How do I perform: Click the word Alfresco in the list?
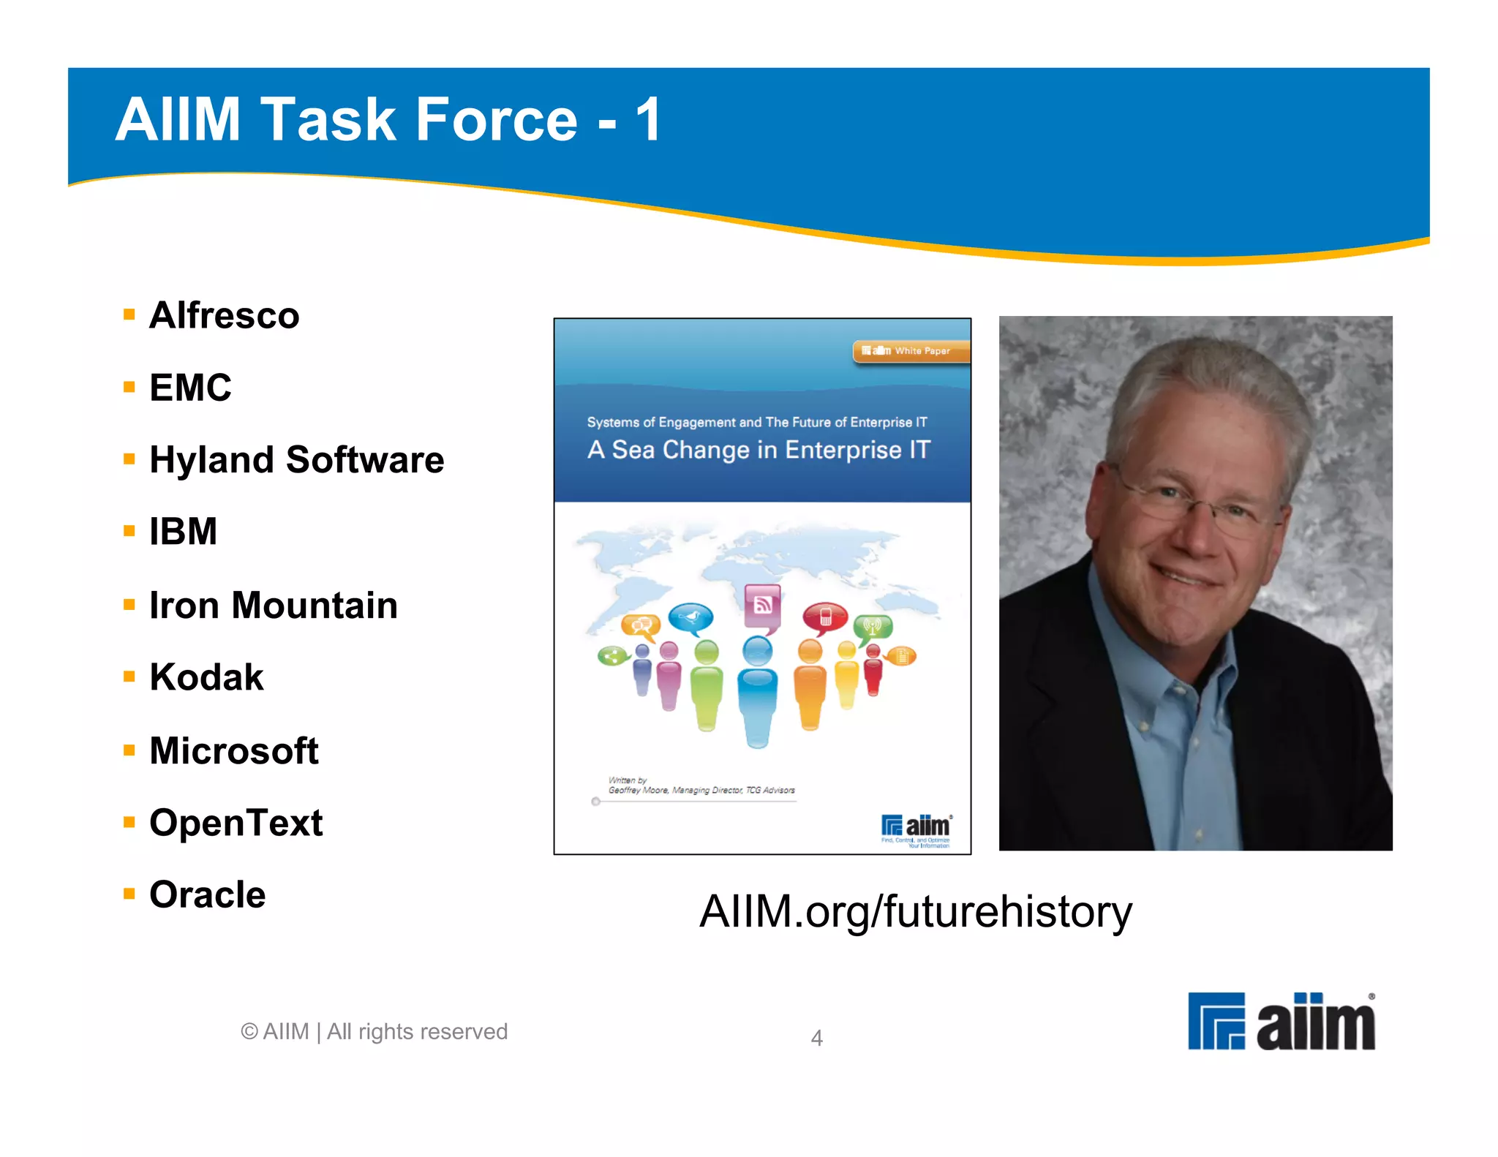[224, 315]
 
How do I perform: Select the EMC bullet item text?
[190, 387]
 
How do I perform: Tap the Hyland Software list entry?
[296, 459]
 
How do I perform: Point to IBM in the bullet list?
[183, 531]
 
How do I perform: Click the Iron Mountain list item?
[273, 605]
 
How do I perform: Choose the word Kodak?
[206, 677]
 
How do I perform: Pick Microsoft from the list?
[233, 750]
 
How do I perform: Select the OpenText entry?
[236, 822]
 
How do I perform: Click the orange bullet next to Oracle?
[129, 893]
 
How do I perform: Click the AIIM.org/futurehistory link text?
[915, 911]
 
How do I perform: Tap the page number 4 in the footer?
[816, 1038]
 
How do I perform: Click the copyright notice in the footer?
[374, 1031]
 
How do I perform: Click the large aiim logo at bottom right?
[1281, 1022]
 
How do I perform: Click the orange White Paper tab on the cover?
[911, 351]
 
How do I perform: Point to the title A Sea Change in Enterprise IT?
[759, 450]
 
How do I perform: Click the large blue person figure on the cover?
[757, 695]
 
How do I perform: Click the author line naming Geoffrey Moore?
[701, 790]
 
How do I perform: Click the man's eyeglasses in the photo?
[1200, 505]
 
